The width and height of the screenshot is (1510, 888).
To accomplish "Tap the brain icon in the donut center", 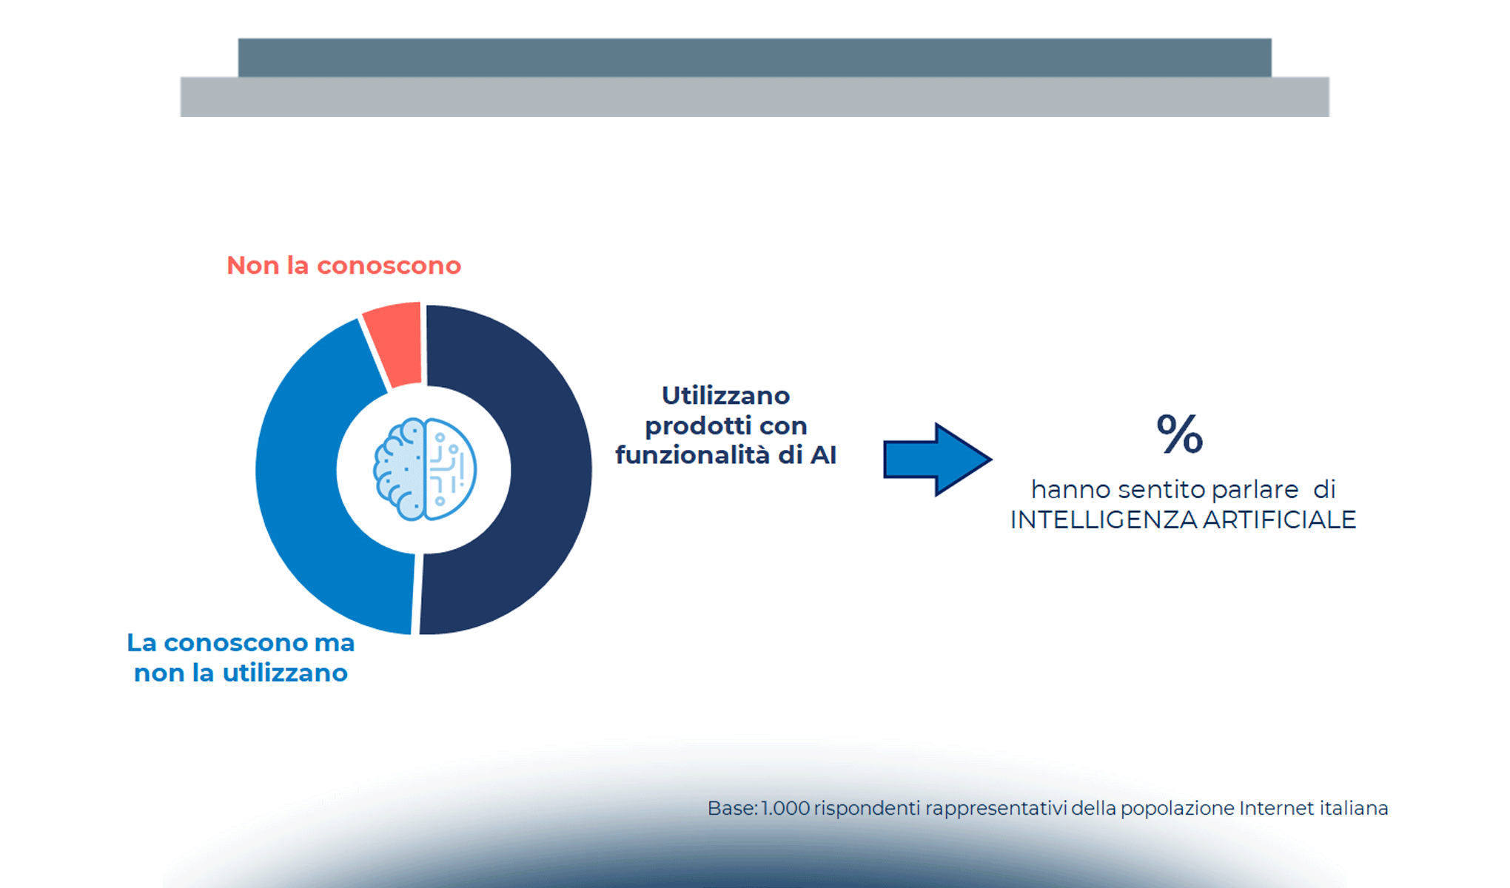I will pyautogui.click(x=424, y=469).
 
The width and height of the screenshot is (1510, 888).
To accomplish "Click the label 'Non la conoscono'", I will pyautogui.click(x=343, y=266).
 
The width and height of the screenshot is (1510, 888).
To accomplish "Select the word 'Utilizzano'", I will pyautogui.click(x=725, y=395).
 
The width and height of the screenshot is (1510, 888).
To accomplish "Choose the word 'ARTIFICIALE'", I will pyautogui.click(x=1280, y=519).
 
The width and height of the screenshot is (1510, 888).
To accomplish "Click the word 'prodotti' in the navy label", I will pyautogui.click(x=688, y=425).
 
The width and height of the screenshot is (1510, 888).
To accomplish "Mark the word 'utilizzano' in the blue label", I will pyautogui.click(x=285, y=673).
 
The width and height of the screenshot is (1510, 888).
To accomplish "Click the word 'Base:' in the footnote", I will pyautogui.click(x=732, y=808).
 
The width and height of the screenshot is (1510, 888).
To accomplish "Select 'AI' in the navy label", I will pyautogui.click(x=823, y=455).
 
